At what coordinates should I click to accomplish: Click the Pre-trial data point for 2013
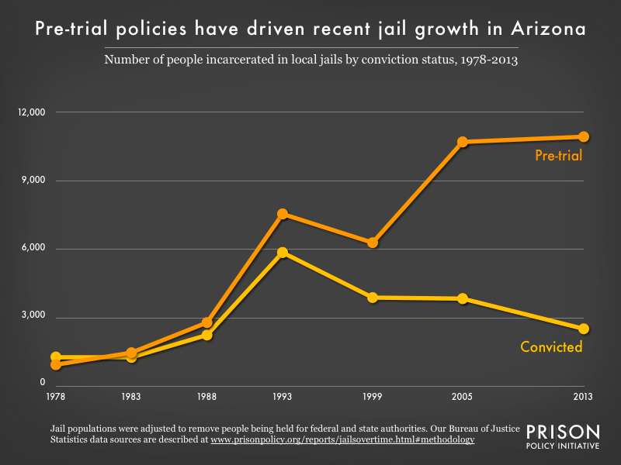pyautogui.click(x=584, y=136)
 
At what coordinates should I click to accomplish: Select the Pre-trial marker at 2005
pyautogui.click(x=463, y=142)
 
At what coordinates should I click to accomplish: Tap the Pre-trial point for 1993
pyautogui.click(x=283, y=214)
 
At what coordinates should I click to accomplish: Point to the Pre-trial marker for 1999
pyautogui.click(x=373, y=243)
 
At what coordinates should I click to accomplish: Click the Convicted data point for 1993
pyautogui.click(x=283, y=253)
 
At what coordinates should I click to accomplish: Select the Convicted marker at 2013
pyautogui.click(x=584, y=329)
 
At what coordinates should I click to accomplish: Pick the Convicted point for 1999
pyautogui.click(x=373, y=298)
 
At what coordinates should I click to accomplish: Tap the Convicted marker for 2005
pyautogui.click(x=463, y=298)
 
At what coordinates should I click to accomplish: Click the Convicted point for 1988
pyautogui.click(x=207, y=335)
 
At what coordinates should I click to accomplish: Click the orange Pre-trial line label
pyautogui.click(x=558, y=157)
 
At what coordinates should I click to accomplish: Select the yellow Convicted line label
pyautogui.click(x=551, y=347)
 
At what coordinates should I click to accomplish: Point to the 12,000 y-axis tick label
pyautogui.click(x=32, y=112)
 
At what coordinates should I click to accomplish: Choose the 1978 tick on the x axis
pyautogui.click(x=56, y=397)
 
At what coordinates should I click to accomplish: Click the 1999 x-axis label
pyautogui.click(x=373, y=397)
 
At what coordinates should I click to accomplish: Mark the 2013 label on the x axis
pyautogui.click(x=583, y=397)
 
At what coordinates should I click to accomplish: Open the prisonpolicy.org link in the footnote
pyautogui.click(x=342, y=439)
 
